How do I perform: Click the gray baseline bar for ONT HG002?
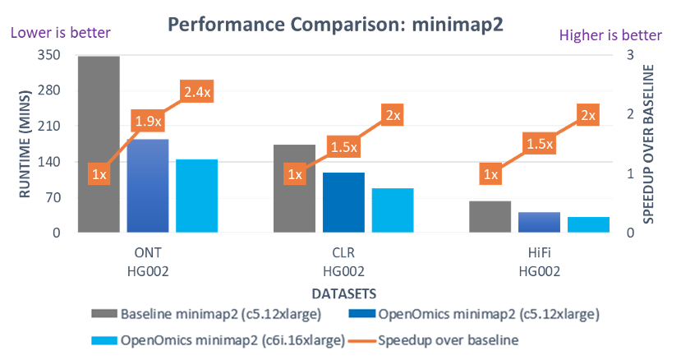[x=99, y=145]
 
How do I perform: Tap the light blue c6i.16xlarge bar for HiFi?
[x=588, y=224]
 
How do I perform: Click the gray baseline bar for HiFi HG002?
[x=490, y=216]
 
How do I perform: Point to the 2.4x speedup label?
[x=196, y=93]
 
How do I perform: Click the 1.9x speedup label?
[x=148, y=122]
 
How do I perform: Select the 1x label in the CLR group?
[x=294, y=174]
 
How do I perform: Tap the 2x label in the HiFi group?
[x=588, y=116]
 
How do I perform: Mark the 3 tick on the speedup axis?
[x=628, y=55]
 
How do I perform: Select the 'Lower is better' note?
[x=59, y=34]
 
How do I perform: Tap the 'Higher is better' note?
[x=610, y=35]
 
